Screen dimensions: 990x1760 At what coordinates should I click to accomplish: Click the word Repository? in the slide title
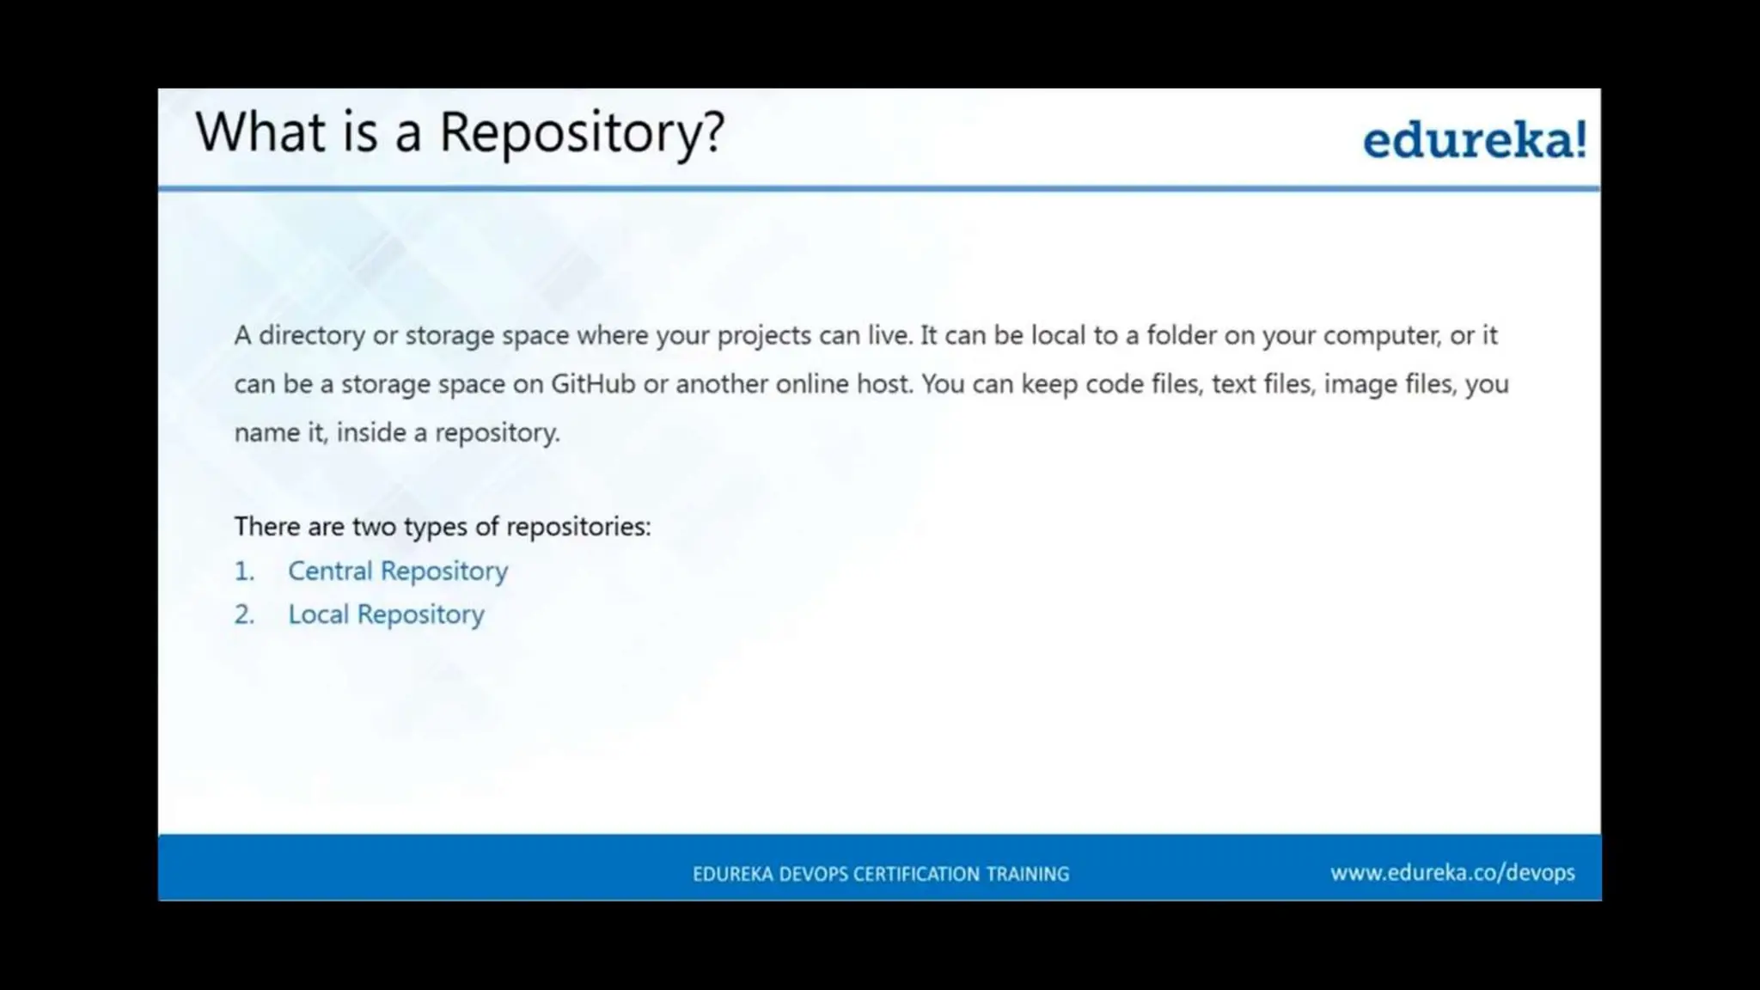[582, 133]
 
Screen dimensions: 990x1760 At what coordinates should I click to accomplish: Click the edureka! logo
[1474, 140]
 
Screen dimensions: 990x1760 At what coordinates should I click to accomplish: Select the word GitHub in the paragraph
[592, 383]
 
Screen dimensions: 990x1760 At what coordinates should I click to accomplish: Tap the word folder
[1181, 335]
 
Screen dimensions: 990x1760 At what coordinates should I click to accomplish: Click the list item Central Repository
[397, 571]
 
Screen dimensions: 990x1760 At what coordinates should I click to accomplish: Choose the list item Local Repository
[386, 614]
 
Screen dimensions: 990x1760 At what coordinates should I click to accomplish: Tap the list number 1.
[244, 571]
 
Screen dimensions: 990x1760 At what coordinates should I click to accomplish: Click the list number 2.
[244, 614]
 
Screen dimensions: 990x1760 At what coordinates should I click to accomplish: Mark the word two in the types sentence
[374, 526]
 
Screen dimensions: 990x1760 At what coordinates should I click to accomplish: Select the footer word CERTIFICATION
[916, 874]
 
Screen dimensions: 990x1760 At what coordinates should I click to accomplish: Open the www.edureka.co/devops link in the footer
[1452, 872]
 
